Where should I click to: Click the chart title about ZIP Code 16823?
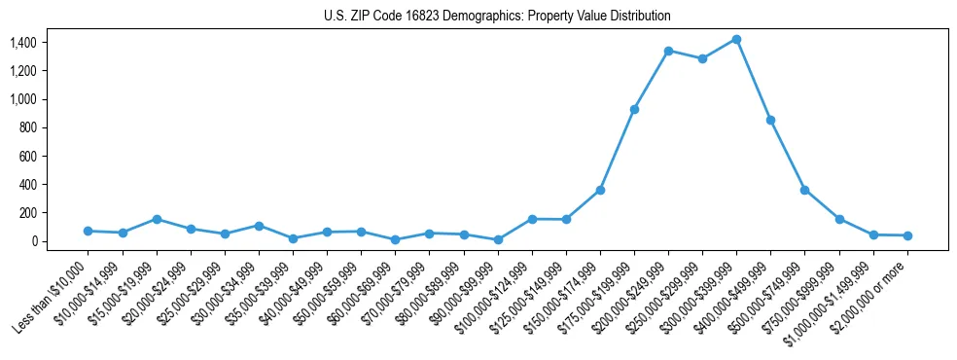(x=497, y=17)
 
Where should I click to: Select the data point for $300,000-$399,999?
(x=736, y=40)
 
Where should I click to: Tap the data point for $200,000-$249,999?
(x=668, y=51)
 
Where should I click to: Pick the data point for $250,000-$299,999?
(x=702, y=58)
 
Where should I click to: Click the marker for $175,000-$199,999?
(x=634, y=109)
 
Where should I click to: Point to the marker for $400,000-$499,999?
(x=770, y=120)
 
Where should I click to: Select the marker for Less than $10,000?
(x=88, y=231)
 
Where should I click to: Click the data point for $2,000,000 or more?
(x=907, y=235)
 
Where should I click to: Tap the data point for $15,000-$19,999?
(x=157, y=219)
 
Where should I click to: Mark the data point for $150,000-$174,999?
(x=600, y=190)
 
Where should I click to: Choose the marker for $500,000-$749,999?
(x=804, y=190)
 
